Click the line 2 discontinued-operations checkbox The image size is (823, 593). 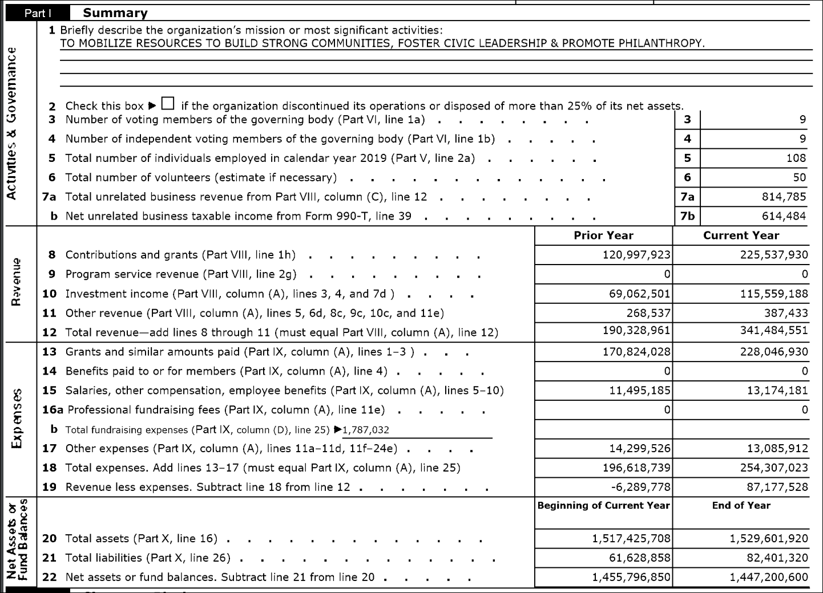point(168,103)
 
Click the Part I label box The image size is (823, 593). point(38,13)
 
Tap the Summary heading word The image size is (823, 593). point(115,13)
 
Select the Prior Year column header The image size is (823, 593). point(603,235)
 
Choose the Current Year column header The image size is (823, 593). point(741,235)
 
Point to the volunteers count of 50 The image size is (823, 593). point(800,177)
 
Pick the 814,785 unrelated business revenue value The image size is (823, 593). point(784,197)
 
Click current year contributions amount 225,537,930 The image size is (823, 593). point(774,255)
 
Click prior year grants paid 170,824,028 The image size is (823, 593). point(636,352)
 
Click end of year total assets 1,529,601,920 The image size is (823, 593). point(769,538)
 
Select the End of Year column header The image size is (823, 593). point(741,506)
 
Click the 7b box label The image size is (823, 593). point(687,216)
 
